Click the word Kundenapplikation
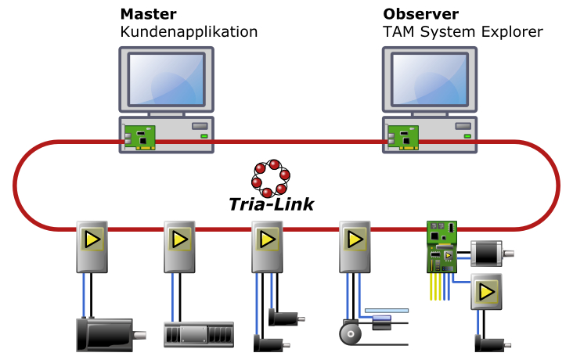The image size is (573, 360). pos(189,32)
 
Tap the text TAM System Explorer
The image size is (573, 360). pos(463,32)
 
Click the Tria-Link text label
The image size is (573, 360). pos(272,204)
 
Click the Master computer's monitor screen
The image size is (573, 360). pos(167,80)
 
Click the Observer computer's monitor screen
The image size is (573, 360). pos(430,80)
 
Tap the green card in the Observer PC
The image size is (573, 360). pos(403,138)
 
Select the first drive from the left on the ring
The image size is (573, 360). pos(92,247)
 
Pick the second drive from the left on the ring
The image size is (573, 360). pos(179,247)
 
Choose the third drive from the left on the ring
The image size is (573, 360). pos(267,247)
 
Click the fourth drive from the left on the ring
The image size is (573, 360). pos(355,247)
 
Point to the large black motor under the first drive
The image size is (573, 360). pos(104,334)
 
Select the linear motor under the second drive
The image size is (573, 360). pos(199,335)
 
